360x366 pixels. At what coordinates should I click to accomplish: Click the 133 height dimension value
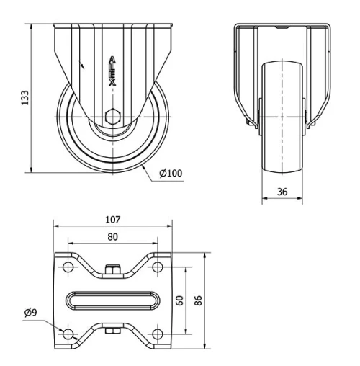click(x=24, y=97)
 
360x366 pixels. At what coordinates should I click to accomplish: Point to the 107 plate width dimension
click(x=113, y=220)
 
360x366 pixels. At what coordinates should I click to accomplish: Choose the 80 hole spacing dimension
click(x=113, y=236)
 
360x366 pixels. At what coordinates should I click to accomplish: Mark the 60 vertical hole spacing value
click(x=191, y=300)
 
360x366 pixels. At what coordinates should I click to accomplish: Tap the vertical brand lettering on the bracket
click(x=112, y=72)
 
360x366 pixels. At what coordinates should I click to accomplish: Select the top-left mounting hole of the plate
click(x=68, y=267)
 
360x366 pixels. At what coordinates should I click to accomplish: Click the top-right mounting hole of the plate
click(x=158, y=267)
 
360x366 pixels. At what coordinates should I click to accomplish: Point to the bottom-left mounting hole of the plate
click(x=68, y=334)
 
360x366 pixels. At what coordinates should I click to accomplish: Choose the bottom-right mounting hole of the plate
click(x=158, y=334)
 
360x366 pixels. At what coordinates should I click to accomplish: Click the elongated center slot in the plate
click(x=113, y=300)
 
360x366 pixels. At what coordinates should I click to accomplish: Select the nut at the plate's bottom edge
click(x=113, y=332)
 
